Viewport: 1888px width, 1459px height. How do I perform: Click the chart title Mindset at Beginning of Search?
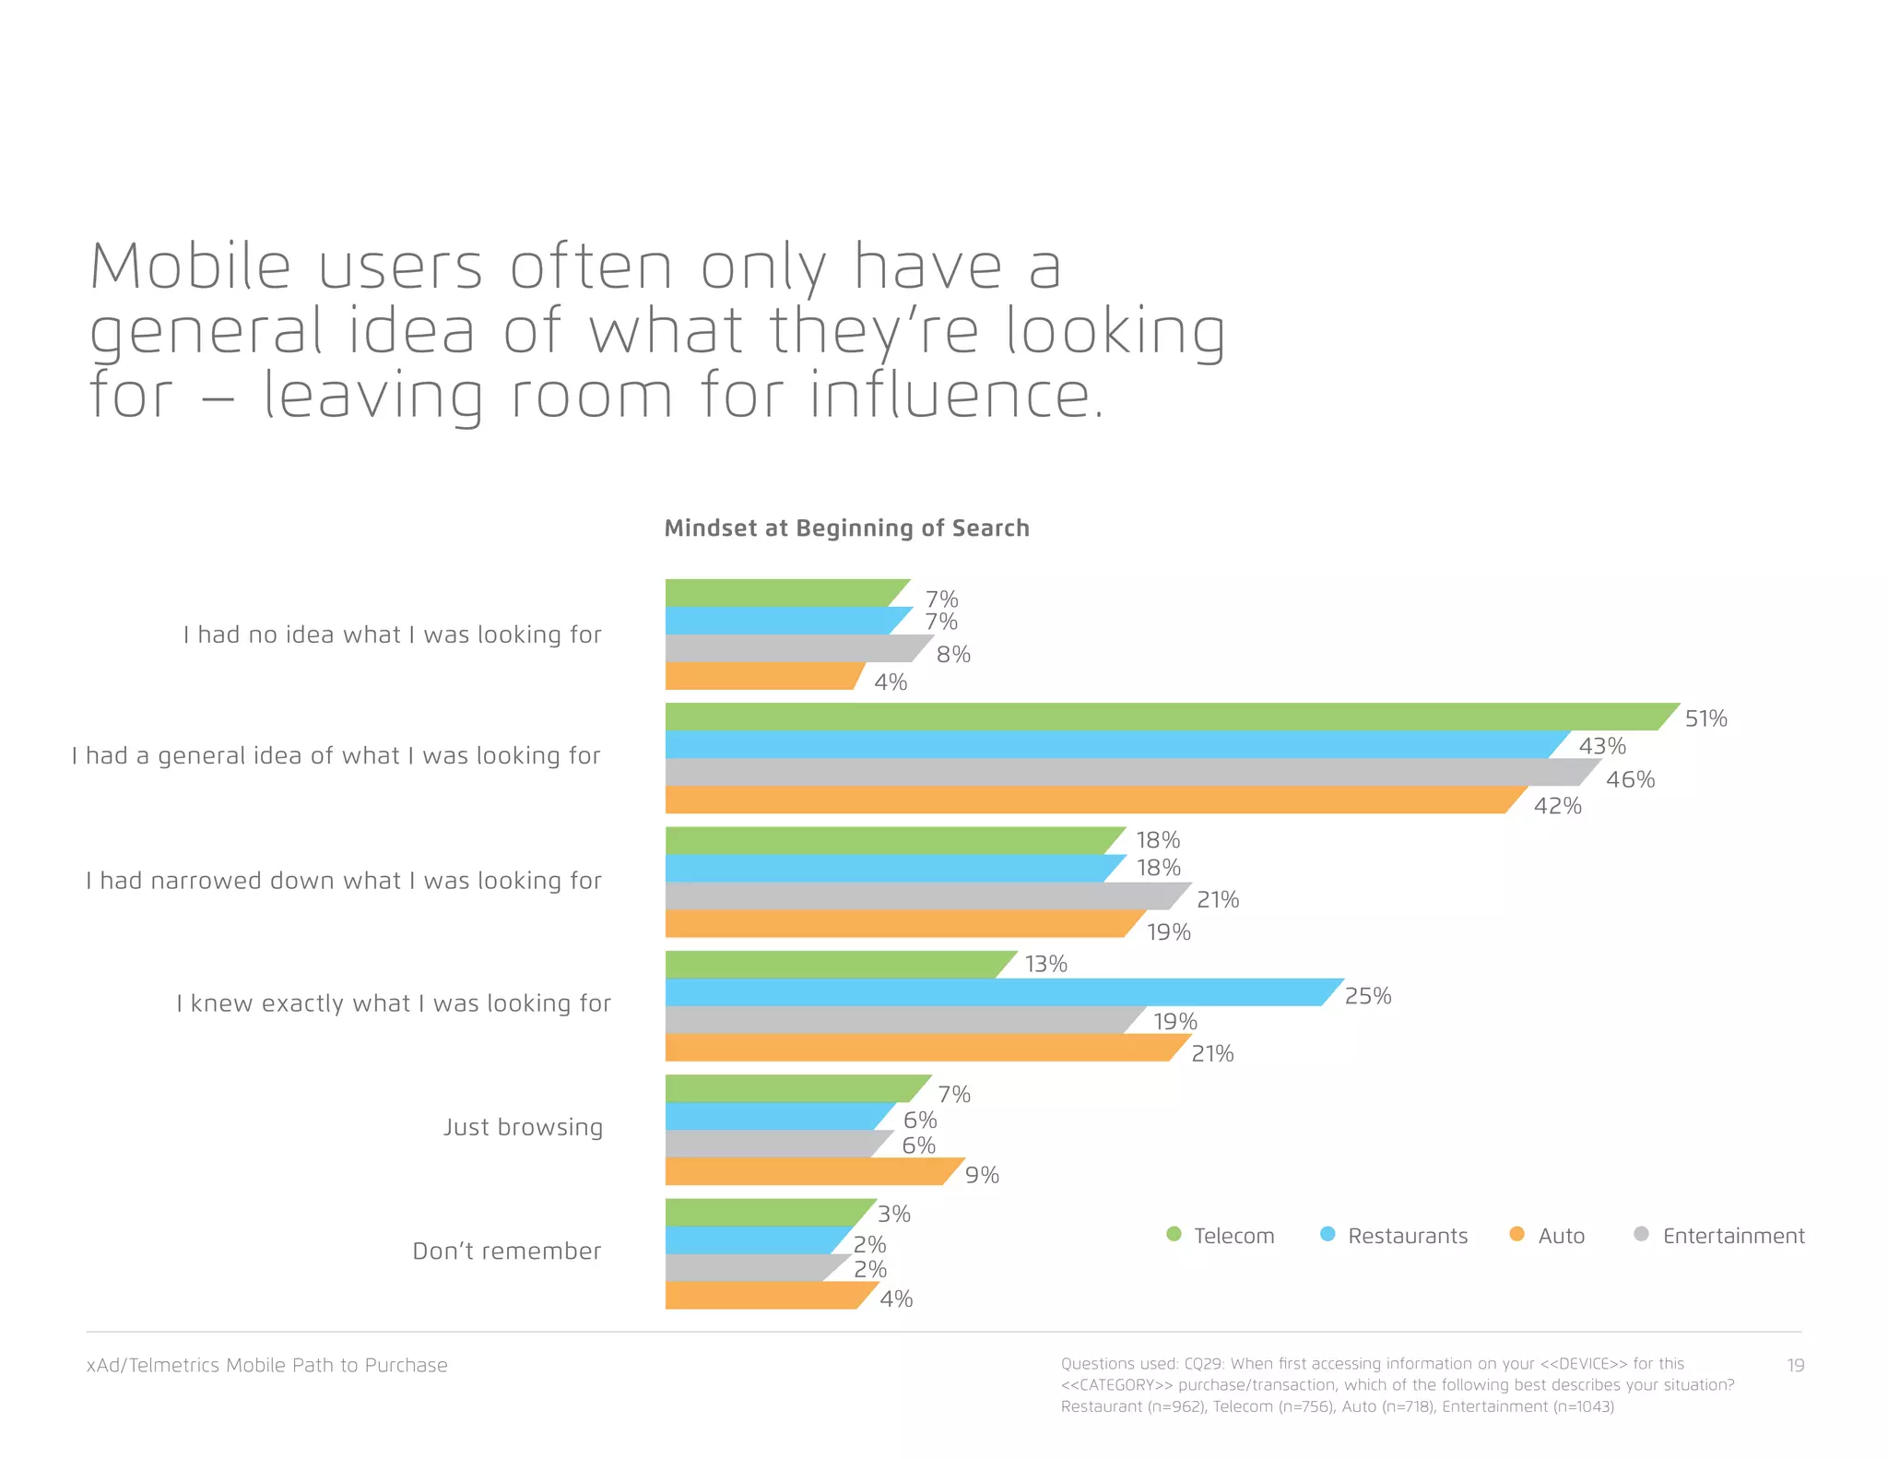846,528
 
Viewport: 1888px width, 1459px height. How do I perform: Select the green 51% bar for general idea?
1162,717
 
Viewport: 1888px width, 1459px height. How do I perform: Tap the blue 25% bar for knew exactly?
996,992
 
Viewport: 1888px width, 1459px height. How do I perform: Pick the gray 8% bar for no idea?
793,648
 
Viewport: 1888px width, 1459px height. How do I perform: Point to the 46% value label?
1630,780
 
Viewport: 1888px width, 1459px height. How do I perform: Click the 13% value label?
1045,965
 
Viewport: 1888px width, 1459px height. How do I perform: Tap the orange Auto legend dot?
1516,1234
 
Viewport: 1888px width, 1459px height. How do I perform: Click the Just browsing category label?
523,1127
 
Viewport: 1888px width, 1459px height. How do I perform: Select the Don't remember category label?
506,1251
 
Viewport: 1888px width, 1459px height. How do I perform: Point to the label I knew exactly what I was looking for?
394,1003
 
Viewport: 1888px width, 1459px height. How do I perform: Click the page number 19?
1795,1365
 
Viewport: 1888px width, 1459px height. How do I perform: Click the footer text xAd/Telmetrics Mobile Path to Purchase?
266,1365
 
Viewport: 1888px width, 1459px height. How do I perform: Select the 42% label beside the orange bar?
1557,806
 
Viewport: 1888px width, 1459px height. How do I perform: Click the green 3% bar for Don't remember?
765,1212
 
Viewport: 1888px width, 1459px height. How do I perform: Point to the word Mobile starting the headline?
190,267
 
